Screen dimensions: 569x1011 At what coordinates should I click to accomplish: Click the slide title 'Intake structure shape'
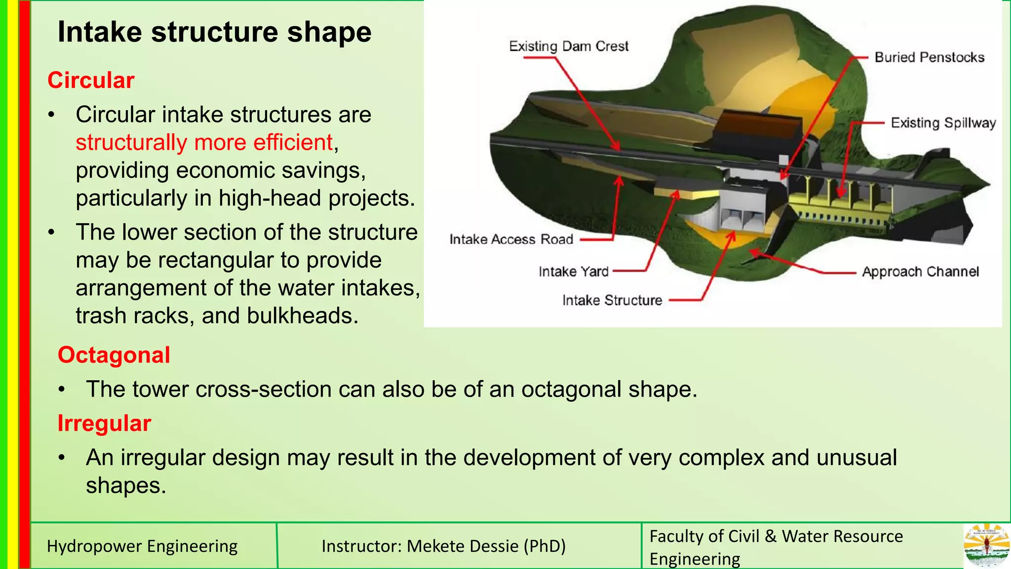coord(214,32)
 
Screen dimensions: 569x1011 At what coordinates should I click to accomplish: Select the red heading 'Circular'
coord(91,81)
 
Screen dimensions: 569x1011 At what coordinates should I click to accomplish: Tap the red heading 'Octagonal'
coord(114,355)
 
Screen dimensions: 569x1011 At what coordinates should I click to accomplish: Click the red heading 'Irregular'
coord(104,423)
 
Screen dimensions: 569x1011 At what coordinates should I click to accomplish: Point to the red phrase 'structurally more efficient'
coord(204,143)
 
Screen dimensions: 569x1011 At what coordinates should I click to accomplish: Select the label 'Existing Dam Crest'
coord(568,46)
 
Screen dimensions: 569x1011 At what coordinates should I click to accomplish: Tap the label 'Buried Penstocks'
coord(929,57)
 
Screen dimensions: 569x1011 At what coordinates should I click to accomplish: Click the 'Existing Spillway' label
coord(943,122)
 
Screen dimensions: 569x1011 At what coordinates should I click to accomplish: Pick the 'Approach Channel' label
coord(920,272)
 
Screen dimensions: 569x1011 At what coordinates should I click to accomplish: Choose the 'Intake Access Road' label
coord(511,240)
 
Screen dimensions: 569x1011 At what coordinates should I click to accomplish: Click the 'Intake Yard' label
coord(573,272)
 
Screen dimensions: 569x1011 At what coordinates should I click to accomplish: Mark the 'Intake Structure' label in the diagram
coord(612,300)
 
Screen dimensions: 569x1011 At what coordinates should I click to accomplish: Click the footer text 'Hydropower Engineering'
coord(142,546)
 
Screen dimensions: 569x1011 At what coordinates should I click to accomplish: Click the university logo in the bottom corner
coord(986,546)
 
